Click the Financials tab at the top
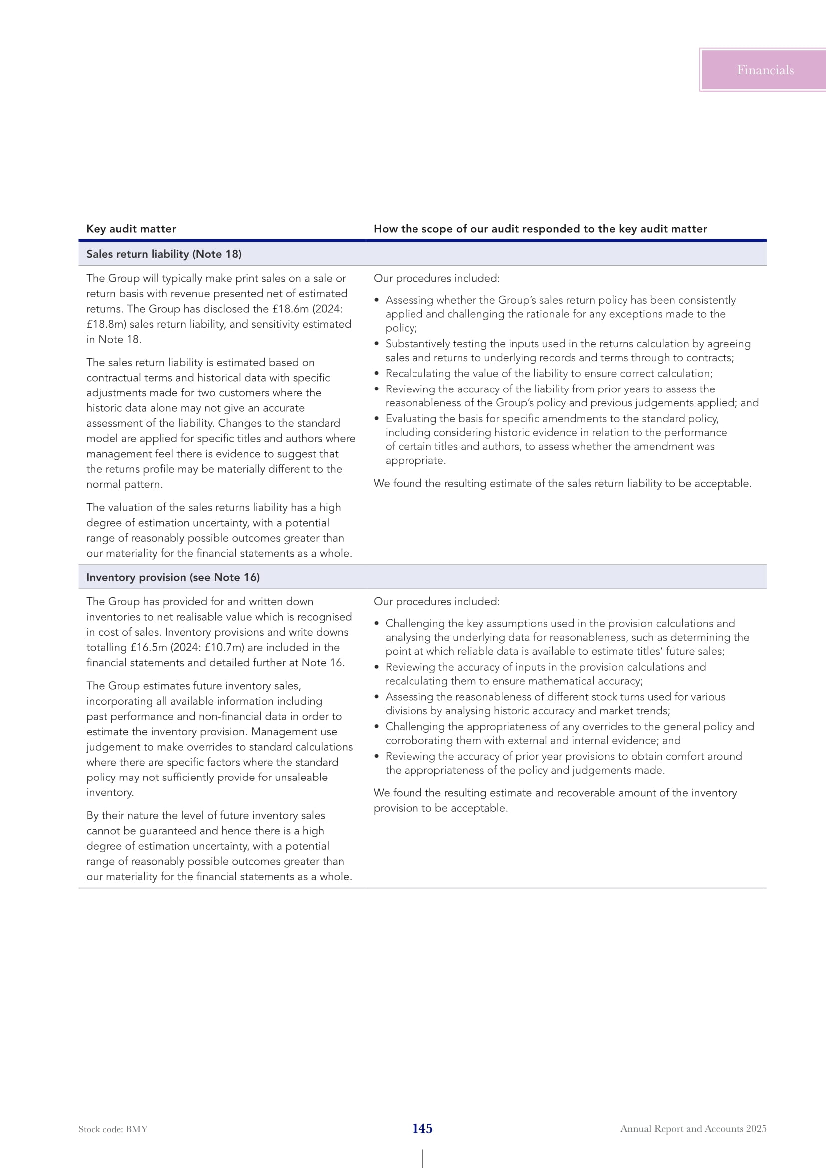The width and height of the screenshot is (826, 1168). coord(765,70)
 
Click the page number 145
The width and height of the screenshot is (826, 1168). coord(422,1129)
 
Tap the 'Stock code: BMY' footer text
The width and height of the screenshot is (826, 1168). coord(113,1129)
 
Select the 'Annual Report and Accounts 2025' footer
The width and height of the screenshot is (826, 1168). coord(693,1129)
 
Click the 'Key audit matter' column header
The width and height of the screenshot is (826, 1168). coord(131,229)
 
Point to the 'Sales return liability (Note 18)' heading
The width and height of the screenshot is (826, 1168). coord(164,254)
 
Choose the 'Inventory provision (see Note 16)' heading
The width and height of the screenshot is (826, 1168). coord(173,577)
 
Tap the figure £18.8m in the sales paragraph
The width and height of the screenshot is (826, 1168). coord(106,324)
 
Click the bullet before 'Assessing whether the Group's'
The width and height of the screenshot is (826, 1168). coord(377,300)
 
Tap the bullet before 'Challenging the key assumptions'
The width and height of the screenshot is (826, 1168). coord(377,624)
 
